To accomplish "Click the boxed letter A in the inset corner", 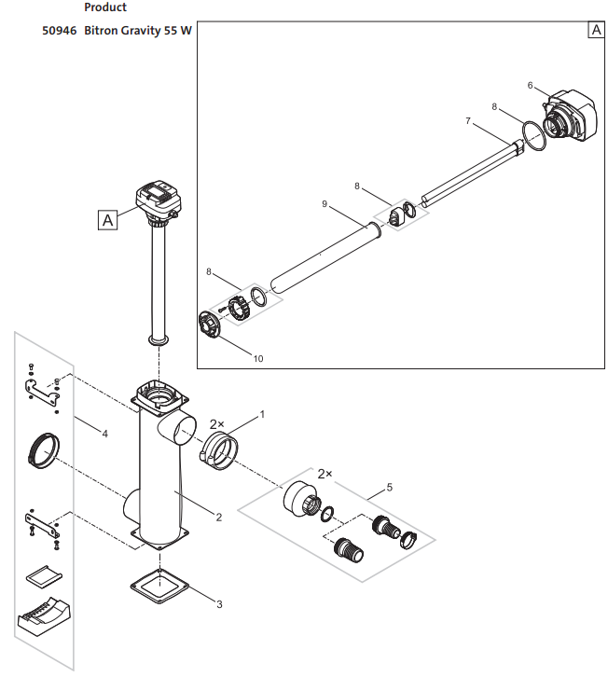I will tap(596, 30).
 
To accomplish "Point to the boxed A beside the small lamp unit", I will tap(108, 220).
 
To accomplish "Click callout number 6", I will tap(531, 86).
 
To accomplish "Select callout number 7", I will tap(469, 121).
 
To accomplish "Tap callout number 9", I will tap(325, 203).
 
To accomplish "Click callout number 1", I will tap(263, 412).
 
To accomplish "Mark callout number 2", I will tap(218, 517).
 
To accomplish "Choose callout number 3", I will tap(219, 604).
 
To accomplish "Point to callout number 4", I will tap(104, 434).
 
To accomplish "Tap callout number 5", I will tap(388, 488).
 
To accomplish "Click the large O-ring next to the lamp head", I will tap(533, 135).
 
